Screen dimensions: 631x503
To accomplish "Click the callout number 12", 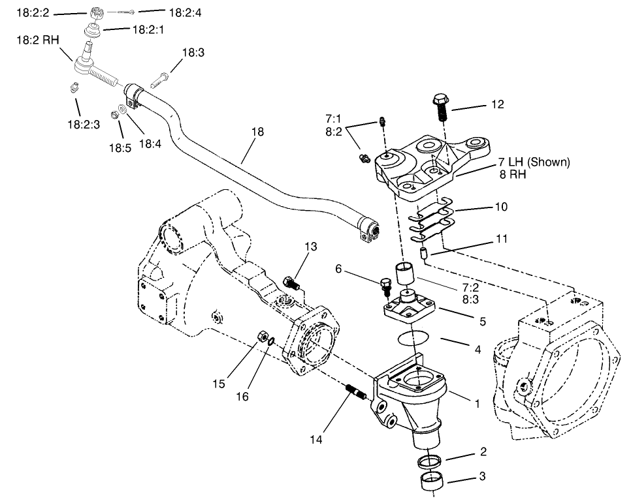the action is point(498,104).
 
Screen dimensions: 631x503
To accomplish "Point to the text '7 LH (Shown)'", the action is point(534,162).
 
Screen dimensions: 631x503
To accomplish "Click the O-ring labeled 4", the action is point(413,339).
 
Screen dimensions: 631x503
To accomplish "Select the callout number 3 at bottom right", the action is point(482,477).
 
